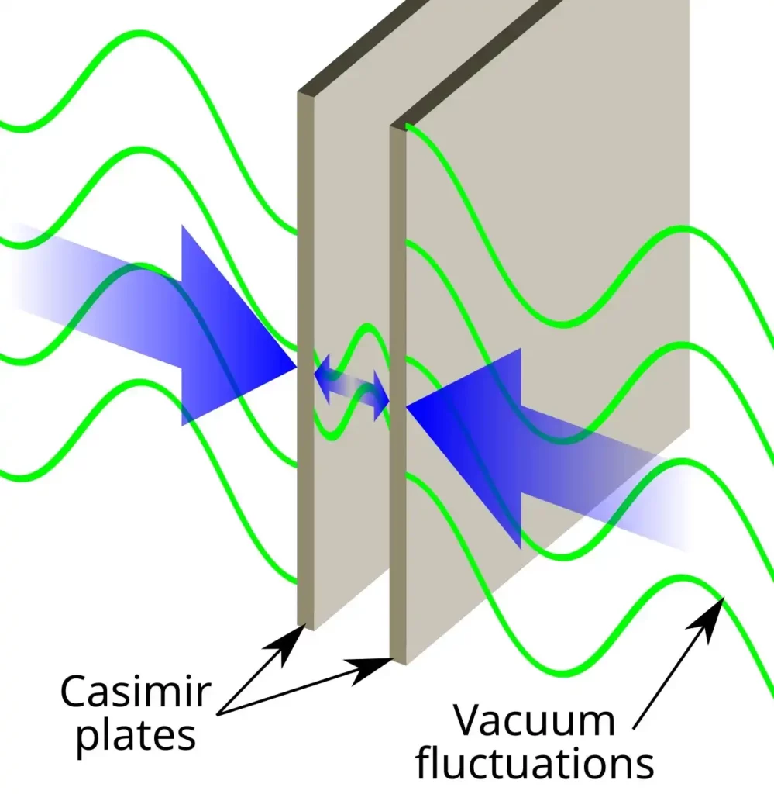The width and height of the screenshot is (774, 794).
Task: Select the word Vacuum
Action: tap(534, 720)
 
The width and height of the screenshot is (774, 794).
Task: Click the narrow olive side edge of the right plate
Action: tap(397, 388)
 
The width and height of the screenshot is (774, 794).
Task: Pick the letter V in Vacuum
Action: tap(469, 720)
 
